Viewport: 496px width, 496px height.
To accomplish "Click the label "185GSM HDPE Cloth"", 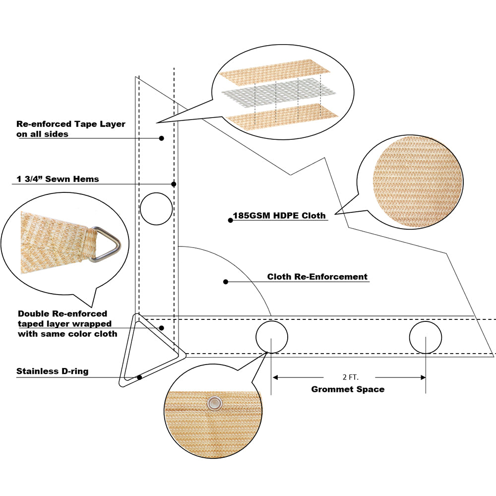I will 279,216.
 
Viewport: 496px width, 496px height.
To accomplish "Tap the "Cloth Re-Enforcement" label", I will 317,277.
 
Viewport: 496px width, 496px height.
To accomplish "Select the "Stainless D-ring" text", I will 53,371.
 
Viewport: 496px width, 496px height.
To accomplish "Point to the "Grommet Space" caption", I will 348,389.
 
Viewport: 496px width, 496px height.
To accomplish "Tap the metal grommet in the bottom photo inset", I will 214,403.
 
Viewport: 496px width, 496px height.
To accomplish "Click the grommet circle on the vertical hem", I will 156,209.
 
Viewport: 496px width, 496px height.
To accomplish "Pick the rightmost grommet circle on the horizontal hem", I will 426,338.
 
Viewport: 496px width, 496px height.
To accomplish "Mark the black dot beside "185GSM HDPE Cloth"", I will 230,220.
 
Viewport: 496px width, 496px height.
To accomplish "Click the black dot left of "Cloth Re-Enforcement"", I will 226,282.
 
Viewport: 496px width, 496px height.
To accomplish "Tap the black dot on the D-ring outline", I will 140,377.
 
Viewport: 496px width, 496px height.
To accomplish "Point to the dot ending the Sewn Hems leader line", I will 174,185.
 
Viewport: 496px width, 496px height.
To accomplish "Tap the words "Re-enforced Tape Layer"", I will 71,124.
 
